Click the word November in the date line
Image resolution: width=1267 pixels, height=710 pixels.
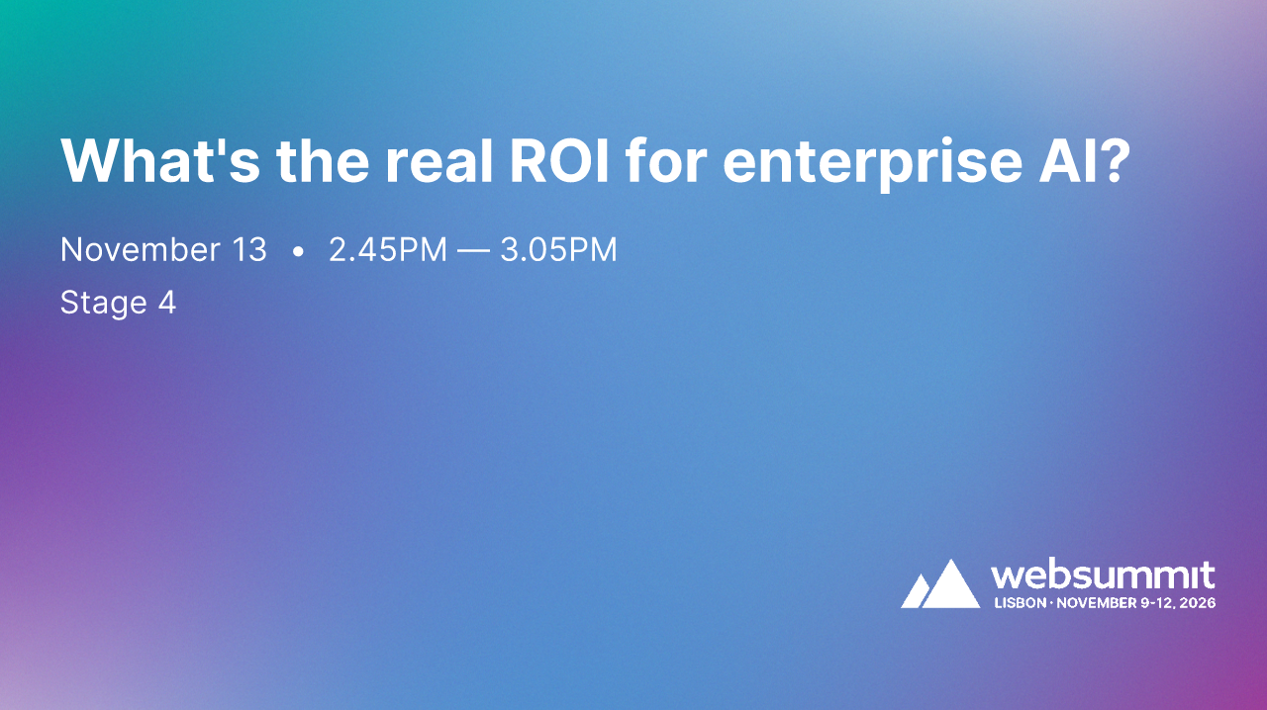coord(139,250)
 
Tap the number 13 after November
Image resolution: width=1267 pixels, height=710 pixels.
coord(248,250)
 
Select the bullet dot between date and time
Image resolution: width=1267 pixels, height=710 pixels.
coord(298,252)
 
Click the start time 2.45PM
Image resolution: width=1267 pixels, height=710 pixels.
coord(388,250)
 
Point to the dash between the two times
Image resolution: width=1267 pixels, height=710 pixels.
coord(474,251)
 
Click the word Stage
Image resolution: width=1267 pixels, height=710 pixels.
coord(103,303)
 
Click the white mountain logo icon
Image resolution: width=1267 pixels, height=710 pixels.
coord(939,584)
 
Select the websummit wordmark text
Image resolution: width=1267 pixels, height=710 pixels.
coord(1103,577)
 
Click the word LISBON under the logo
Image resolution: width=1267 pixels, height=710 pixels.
coord(1019,602)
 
